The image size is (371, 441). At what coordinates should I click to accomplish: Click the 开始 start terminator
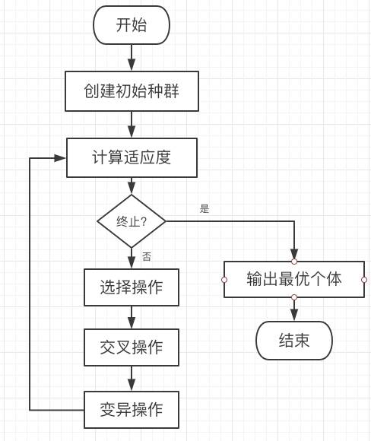click(x=132, y=25)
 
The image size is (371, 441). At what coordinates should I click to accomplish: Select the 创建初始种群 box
click(x=132, y=91)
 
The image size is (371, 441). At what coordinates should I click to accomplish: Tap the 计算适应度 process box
click(x=132, y=157)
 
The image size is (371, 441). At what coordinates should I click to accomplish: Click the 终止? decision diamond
click(x=132, y=221)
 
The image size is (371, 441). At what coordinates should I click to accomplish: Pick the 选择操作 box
click(x=132, y=287)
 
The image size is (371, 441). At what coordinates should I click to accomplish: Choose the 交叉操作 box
click(x=132, y=347)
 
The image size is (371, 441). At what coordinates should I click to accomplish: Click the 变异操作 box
click(x=132, y=410)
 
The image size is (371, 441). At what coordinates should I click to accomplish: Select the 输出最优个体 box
click(x=294, y=279)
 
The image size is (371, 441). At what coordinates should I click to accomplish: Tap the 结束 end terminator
click(x=294, y=341)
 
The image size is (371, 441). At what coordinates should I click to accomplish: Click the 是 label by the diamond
click(x=205, y=208)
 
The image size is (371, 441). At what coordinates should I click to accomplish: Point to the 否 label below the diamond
click(x=147, y=256)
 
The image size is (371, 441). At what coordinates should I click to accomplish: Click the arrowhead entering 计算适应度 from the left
click(x=60, y=158)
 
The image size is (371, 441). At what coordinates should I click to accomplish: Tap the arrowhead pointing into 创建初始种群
click(x=132, y=65)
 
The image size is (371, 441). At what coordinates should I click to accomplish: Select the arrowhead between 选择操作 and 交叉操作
click(x=132, y=323)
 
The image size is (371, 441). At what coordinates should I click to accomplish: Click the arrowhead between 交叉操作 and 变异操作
click(x=132, y=385)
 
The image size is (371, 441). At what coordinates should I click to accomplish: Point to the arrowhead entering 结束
click(x=294, y=316)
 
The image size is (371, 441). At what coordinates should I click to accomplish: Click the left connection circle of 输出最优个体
click(x=224, y=280)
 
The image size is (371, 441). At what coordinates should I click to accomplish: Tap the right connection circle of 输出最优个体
click(x=364, y=280)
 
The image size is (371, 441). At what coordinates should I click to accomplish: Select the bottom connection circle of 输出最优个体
click(x=294, y=297)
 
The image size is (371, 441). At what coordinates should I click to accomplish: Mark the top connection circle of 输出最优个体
click(x=294, y=262)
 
